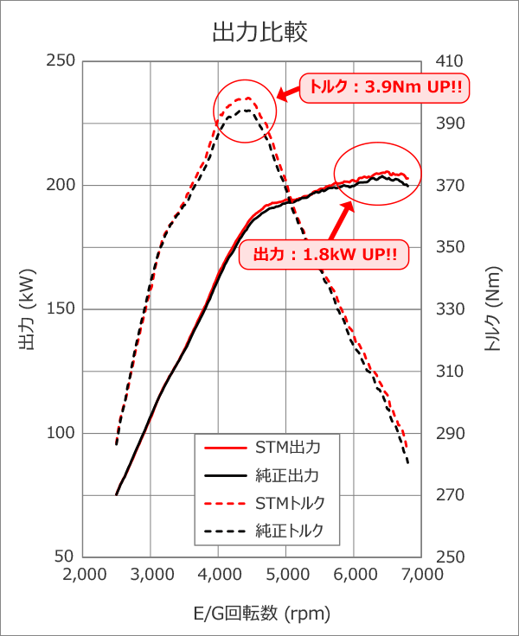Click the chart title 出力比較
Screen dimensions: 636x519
coord(259,32)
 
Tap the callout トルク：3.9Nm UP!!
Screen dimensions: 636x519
coord(380,87)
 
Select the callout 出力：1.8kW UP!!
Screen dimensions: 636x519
coord(329,256)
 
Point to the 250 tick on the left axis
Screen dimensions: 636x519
coord(63,61)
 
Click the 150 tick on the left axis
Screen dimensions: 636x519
coord(63,309)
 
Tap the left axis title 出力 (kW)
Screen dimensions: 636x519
coord(27,309)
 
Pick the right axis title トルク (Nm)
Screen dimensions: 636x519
coord(492,309)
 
